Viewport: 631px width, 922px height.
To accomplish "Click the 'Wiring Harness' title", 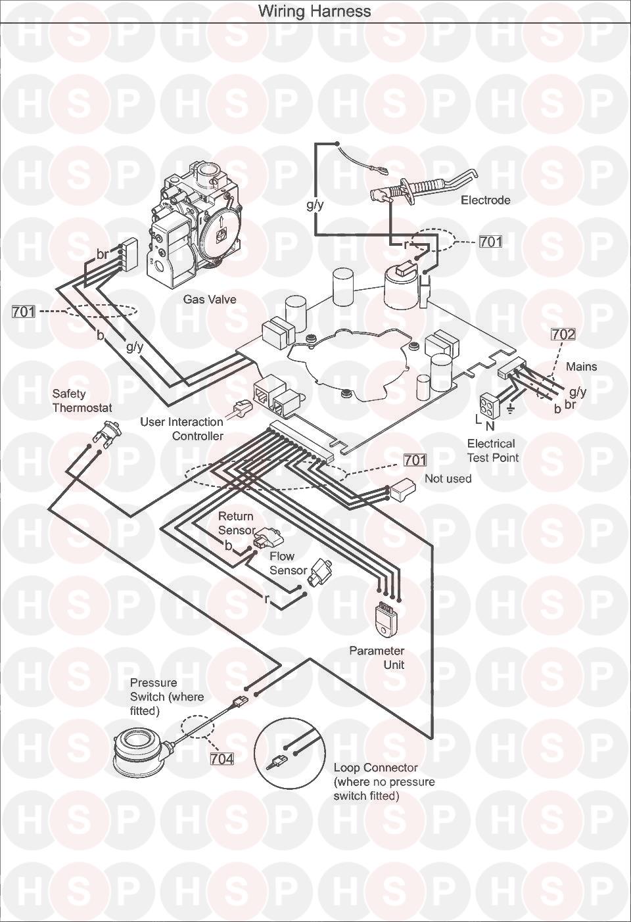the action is point(314,11).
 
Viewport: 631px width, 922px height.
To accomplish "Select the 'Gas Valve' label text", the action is point(210,299).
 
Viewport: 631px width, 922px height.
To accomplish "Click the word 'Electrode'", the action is point(485,200).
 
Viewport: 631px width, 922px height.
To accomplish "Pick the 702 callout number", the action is point(563,334).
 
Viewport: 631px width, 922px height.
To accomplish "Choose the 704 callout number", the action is point(222,758).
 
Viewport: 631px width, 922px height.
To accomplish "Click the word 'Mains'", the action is point(581,366).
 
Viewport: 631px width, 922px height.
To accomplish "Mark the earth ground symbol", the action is point(511,409).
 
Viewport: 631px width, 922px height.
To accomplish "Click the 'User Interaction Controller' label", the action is point(181,429).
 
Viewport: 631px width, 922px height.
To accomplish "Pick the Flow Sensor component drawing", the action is point(318,572).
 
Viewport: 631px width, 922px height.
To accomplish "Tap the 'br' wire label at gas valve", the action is point(102,254).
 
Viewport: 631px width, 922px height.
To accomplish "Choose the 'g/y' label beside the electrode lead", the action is point(315,204).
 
